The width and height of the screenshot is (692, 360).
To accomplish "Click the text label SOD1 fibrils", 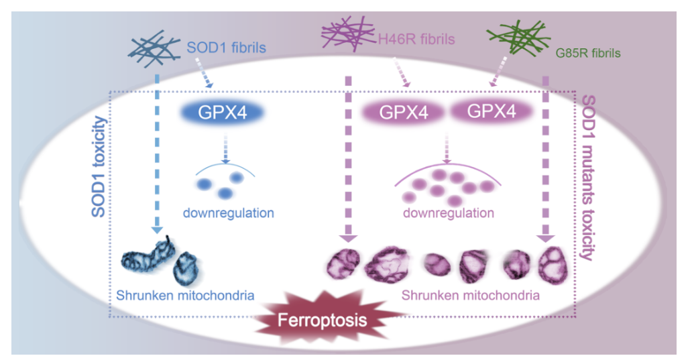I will pyautogui.click(x=225, y=48).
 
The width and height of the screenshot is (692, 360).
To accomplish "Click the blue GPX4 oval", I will pyautogui.click(x=213, y=113).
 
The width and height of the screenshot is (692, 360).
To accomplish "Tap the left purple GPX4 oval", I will pyautogui.click(x=404, y=113).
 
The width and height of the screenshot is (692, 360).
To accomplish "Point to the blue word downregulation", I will pyautogui.click(x=228, y=214).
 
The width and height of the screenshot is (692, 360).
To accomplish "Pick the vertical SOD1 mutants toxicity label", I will pyautogui.click(x=588, y=178).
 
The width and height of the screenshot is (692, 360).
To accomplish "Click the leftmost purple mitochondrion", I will pyautogui.click(x=343, y=262).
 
